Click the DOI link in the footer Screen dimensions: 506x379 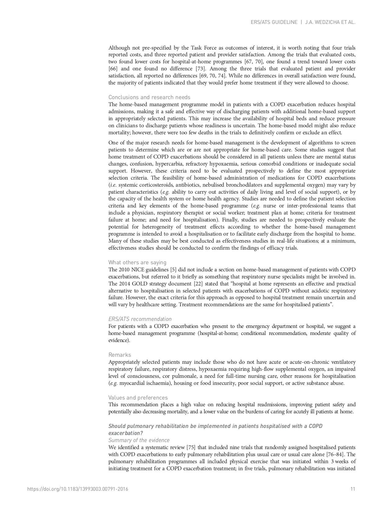(78, 489)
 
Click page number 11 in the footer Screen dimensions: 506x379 (353, 489)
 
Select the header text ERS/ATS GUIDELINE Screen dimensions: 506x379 (274, 22)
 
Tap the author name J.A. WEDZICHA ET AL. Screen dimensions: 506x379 (330, 22)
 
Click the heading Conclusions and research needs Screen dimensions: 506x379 (149, 97)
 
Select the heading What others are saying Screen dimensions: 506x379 (137, 262)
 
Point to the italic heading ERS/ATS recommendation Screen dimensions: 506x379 (140, 319)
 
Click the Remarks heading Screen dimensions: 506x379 (120, 355)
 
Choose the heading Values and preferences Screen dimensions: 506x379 (138, 398)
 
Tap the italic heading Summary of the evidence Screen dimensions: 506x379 (139, 440)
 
